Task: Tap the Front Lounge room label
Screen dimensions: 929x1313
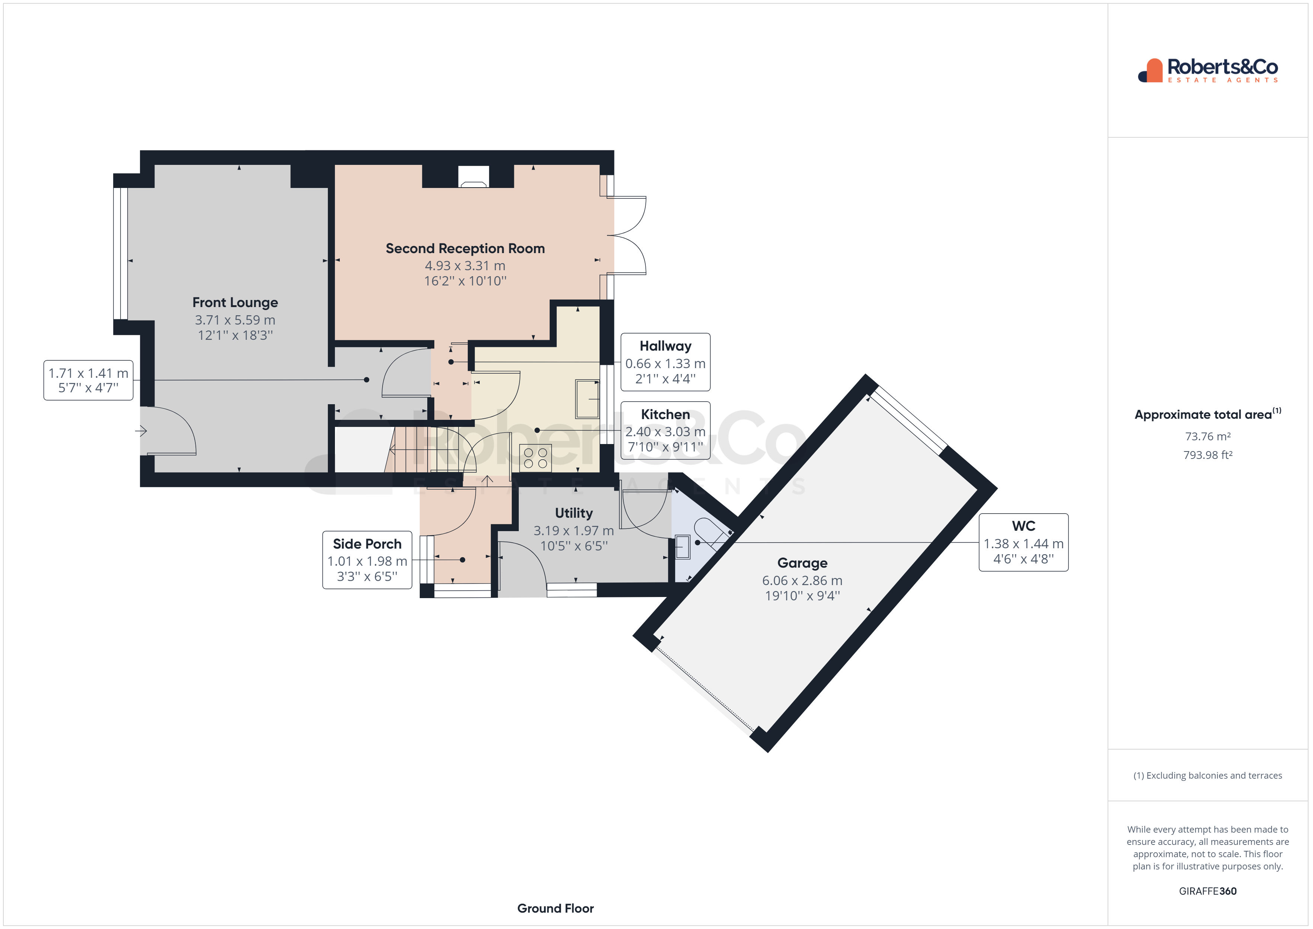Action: coord(235,302)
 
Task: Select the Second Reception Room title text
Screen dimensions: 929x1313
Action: coord(465,248)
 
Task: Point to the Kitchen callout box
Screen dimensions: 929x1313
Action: coord(665,430)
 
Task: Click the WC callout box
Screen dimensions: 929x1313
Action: coord(1023,542)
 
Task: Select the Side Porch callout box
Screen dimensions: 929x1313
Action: coord(367,559)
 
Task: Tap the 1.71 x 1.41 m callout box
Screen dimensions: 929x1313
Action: coord(89,380)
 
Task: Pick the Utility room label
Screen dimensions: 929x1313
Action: coord(574,513)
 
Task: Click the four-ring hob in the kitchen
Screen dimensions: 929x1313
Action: coord(535,458)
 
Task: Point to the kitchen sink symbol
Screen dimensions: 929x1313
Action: coord(587,399)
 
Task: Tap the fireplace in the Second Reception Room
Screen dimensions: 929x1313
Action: coord(473,177)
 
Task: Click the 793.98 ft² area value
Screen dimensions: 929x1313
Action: coord(1208,455)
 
